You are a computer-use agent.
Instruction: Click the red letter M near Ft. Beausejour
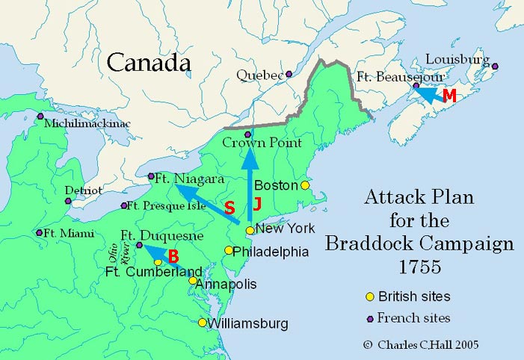point(449,96)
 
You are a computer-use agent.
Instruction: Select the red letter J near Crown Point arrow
point(257,203)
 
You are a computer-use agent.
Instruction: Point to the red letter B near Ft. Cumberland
point(173,256)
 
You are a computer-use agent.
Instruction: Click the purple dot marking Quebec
point(289,74)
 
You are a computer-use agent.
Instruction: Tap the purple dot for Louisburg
point(494,66)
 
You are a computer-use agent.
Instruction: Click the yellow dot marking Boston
point(304,184)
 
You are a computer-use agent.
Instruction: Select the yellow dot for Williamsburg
point(202,323)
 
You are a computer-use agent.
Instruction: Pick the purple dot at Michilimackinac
point(40,116)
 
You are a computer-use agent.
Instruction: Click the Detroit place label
point(83,190)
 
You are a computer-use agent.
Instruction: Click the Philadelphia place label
point(271,252)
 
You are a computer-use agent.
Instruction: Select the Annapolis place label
point(228,285)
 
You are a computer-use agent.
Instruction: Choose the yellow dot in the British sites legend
point(369,297)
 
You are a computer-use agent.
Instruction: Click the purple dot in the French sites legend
point(369,317)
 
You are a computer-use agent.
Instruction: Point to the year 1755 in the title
point(419,266)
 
